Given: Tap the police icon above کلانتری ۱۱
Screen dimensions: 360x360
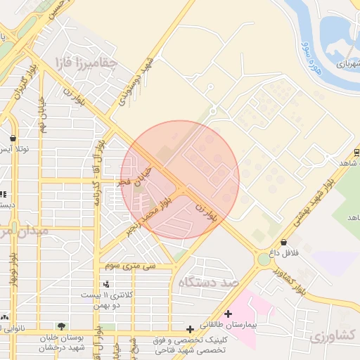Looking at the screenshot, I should pyautogui.click(x=105, y=284).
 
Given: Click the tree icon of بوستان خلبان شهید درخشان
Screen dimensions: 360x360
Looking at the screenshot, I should pyautogui.click(x=62, y=326).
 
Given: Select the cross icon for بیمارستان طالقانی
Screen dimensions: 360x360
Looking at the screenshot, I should pyautogui.click(x=228, y=314).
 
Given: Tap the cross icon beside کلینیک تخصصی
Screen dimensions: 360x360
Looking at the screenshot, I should pyautogui.click(x=189, y=328).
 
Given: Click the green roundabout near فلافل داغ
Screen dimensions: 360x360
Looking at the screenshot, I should pyautogui.click(x=264, y=259).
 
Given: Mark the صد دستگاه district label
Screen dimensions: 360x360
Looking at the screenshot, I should pyautogui.click(x=210, y=283).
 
